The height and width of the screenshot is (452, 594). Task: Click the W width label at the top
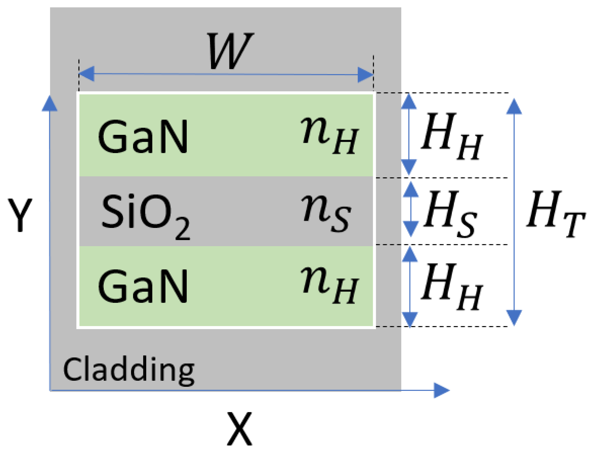coord(230,51)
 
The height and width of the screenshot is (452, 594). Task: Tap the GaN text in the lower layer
coord(143,286)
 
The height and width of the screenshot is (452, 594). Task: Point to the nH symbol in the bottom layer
coord(330,285)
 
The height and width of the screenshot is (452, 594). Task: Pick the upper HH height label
coord(452,136)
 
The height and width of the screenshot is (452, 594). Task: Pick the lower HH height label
coord(452,286)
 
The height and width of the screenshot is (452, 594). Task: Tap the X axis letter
coord(239,428)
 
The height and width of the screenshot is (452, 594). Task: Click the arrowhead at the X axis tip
coord(442,390)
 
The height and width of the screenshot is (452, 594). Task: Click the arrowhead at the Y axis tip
coord(49,104)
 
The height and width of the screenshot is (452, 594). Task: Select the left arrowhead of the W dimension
coord(87,74)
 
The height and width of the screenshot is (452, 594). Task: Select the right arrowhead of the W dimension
coord(365,75)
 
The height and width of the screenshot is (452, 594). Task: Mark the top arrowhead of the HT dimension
coord(514,107)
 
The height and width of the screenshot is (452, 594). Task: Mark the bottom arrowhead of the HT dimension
coord(514,317)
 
